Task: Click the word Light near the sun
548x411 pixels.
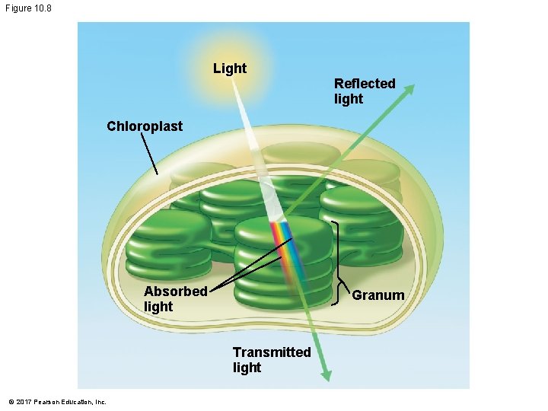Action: tap(229, 68)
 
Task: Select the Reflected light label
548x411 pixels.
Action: tap(364, 91)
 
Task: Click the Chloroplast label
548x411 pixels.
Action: tap(145, 126)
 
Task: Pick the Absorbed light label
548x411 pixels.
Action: tap(175, 298)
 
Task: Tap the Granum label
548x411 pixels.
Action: tap(378, 295)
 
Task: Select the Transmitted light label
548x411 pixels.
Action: tap(272, 359)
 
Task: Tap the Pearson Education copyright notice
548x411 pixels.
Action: tap(57, 401)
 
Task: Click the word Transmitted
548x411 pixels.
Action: tap(272, 352)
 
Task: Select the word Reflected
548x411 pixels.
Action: tap(365, 83)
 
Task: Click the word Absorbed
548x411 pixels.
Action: tap(175, 291)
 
